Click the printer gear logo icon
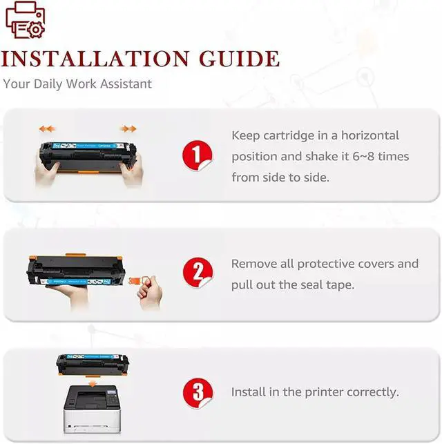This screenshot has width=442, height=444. pyautogui.click(x=26, y=21)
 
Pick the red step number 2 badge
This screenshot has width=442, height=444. pyautogui.click(x=197, y=273)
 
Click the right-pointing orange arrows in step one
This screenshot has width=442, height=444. pyautogui.click(x=128, y=128)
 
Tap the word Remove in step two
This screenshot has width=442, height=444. pyautogui.click(x=254, y=264)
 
